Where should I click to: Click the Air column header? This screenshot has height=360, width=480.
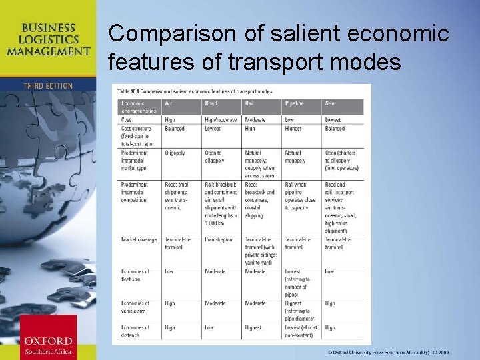tap(169, 103)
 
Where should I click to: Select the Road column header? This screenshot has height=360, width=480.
tap(211, 103)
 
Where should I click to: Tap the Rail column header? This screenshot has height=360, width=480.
tap(250, 103)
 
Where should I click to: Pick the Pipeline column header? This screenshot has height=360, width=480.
tap(294, 103)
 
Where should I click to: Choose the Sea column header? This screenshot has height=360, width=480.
tap(330, 103)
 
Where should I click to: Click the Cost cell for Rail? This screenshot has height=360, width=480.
tap(255, 120)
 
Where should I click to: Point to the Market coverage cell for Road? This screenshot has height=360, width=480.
tap(219, 240)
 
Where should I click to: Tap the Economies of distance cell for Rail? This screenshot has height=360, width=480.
tap(253, 328)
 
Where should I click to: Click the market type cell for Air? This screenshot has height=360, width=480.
tap(175, 153)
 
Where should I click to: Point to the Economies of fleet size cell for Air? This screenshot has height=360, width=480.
tap(169, 272)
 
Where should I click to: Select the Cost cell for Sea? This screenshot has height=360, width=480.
tap(333, 120)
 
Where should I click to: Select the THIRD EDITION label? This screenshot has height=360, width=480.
tap(48, 87)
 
